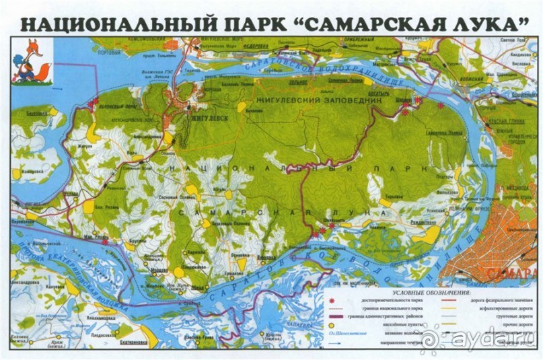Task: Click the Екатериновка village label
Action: (134, 342)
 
